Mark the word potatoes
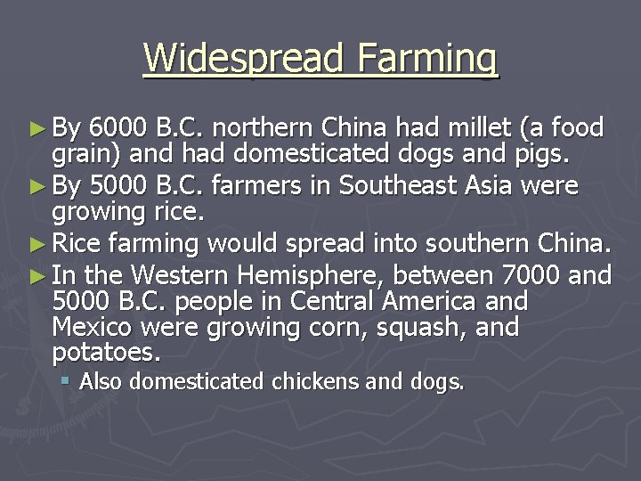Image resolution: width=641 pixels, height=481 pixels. pos(107,354)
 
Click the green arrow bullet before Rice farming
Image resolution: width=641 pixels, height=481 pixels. pos(38,243)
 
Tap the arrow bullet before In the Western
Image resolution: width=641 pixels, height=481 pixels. pos(38,273)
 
